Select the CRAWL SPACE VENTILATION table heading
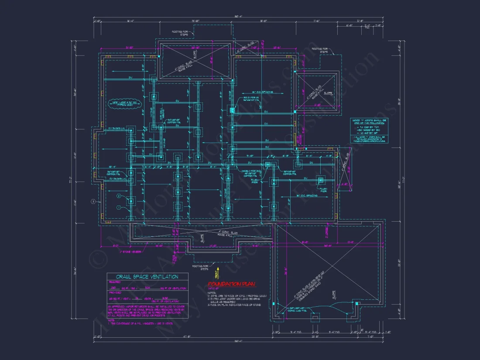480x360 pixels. click(147, 277)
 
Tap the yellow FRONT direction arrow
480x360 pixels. click(216, 273)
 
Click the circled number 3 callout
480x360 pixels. click(93, 202)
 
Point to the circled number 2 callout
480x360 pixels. click(118, 196)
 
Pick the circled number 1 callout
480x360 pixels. click(118, 208)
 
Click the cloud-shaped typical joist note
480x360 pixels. click(122, 104)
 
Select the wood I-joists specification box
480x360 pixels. click(370, 130)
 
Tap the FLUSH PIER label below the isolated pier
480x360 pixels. click(323, 190)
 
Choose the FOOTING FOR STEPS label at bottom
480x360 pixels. click(199, 267)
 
